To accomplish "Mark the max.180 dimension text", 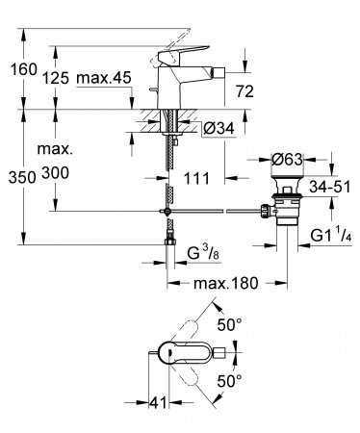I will (228, 285).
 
